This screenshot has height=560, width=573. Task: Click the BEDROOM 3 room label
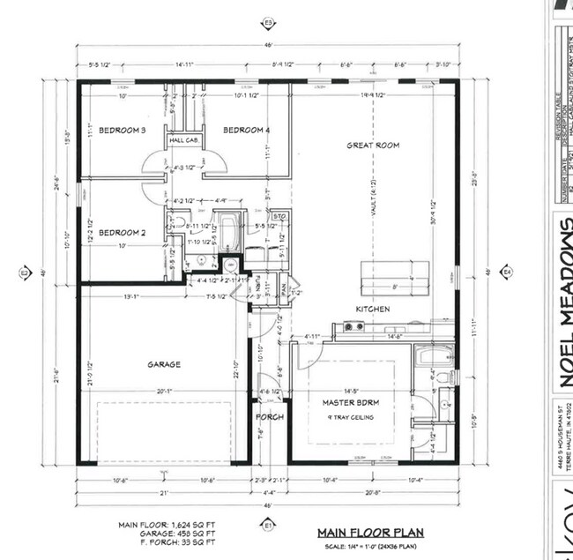coord(122,131)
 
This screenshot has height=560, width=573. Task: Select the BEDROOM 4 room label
coord(246,131)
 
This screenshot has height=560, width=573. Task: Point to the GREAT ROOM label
coord(372,145)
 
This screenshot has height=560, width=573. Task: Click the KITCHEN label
coord(372,309)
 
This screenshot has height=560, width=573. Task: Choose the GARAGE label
coord(164,363)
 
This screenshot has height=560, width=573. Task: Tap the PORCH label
coord(269,416)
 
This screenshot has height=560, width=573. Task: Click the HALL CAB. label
coord(183,140)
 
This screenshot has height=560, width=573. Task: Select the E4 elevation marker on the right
coord(507,273)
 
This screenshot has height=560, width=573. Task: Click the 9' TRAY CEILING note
coord(350,417)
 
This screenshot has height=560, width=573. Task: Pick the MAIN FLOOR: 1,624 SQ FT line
coord(166,525)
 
